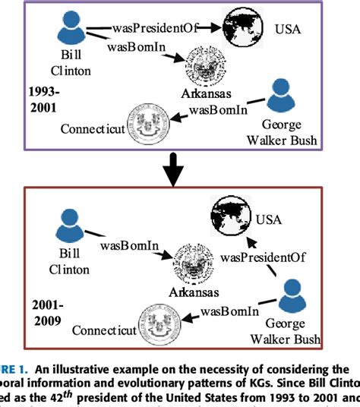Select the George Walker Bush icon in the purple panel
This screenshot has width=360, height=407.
(281, 96)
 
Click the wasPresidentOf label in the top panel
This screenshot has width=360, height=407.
(156, 28)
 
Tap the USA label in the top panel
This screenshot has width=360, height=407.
(289, 30)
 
